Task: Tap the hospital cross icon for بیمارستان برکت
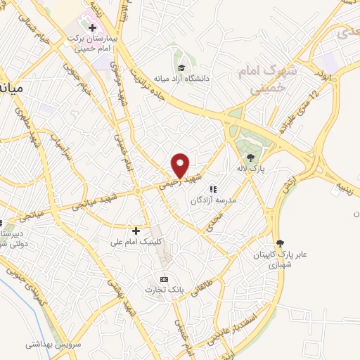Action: point(92,27)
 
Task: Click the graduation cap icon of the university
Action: point(181,68)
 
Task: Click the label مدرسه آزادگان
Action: point(214,200)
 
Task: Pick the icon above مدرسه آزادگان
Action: point(213,188)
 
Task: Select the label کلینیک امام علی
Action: point(136,241)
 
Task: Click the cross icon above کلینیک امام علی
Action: point(136,230)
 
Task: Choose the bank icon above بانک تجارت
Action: point(165,278)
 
